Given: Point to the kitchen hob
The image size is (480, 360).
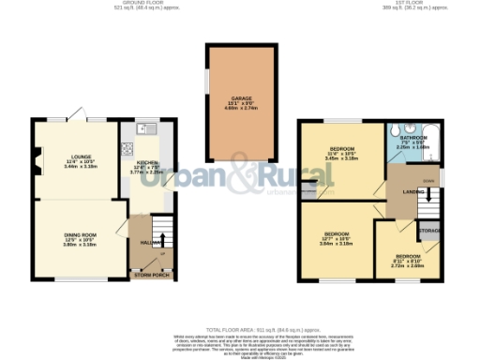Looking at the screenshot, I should [x=126, y=148].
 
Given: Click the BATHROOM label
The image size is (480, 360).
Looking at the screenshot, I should [x=413, y=138].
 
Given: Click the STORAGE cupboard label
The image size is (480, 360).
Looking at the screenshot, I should [x=430, y=230].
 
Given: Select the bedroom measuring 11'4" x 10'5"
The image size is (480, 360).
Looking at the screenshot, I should [x=337, y=150].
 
